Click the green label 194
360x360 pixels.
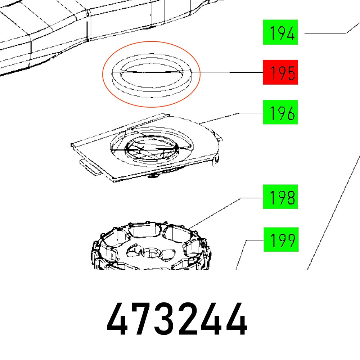280,32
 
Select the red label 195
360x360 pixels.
280,72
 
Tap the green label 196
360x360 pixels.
280,112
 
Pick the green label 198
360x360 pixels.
280,197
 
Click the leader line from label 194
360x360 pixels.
324,33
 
